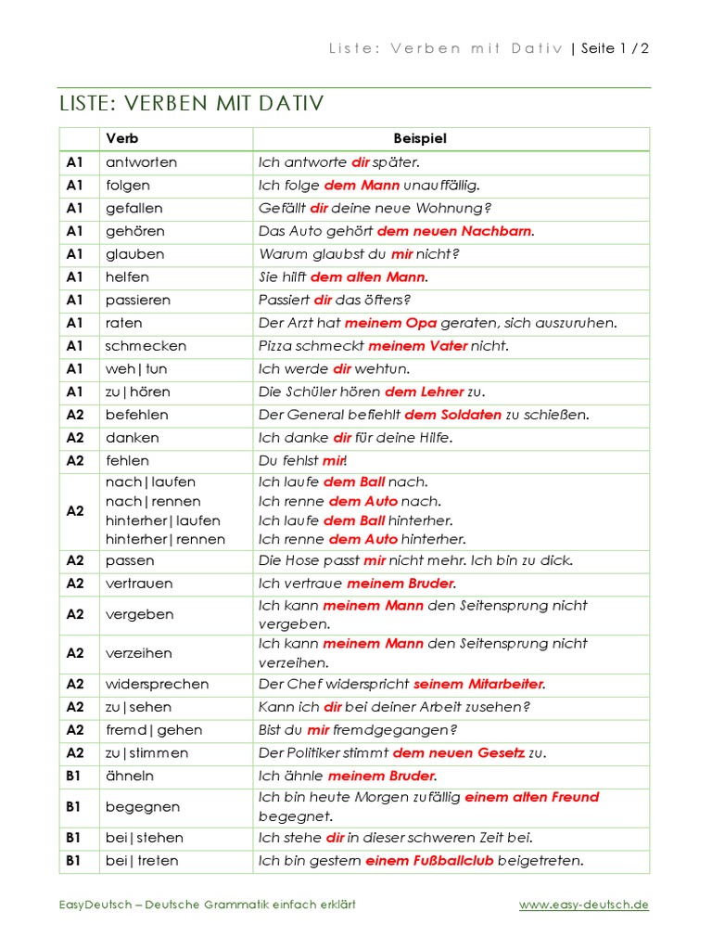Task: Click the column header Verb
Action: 122,138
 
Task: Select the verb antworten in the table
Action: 141,162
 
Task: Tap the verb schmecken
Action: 146,346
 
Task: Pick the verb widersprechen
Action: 157,684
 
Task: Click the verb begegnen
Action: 143,807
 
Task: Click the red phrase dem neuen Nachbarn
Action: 455,231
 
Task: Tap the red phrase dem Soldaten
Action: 453,415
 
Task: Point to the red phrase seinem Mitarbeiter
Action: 478,684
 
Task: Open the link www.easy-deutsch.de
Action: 583,905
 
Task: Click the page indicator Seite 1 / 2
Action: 615,49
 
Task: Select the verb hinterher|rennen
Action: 165,539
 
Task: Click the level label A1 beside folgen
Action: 75,186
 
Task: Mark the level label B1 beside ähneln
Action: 74,776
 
